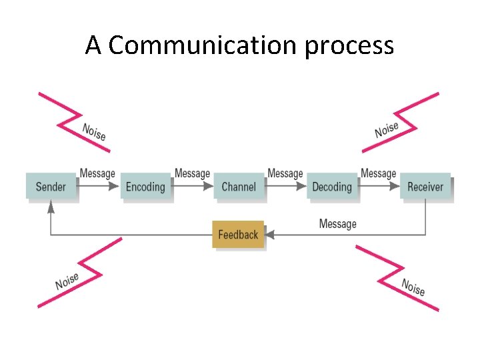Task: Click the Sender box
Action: (x=51, y=187)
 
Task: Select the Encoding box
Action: (x=145, y=187)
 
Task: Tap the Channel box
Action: (x=238, y=187)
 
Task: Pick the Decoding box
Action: (x=331, y=187)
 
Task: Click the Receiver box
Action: (x=425, y=187)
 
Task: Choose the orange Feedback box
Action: (x=238, y=235)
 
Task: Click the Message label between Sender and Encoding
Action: (x=97, y=174)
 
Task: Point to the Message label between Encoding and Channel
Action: (x=192, y=174)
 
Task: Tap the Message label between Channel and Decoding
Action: (x=285, y=174)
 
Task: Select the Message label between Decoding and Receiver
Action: (x=378, y=174)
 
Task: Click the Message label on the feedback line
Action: (x=337, y=224)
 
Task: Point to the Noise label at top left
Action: (x=94, y=131)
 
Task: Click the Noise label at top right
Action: (x=387, y=129)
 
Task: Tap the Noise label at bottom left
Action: (x=67, y=281)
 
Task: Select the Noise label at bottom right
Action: (x=413, y=287)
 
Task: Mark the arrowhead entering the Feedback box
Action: (x=271, y=235)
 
